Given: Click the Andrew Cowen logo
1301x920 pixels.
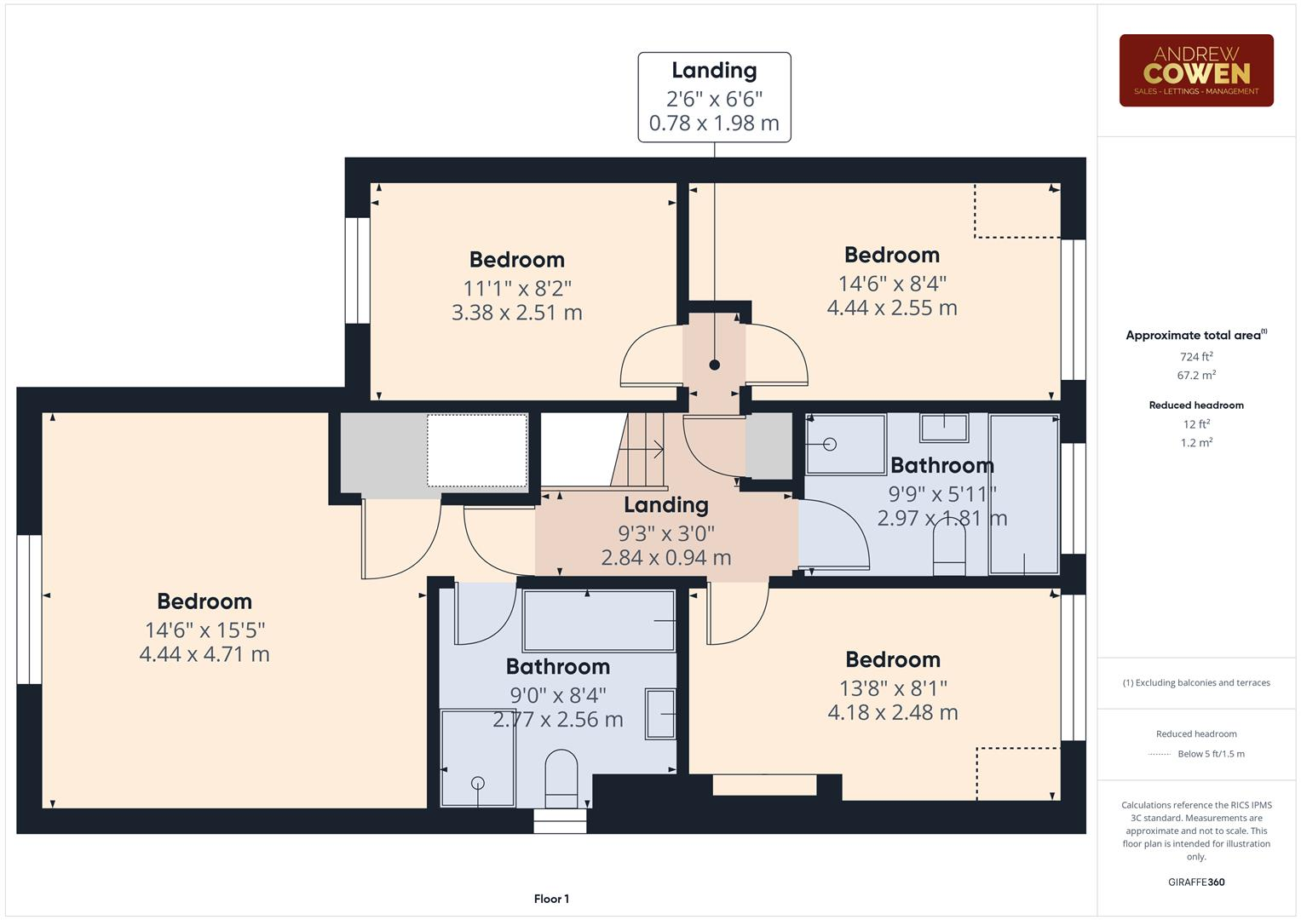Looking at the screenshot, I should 1195,71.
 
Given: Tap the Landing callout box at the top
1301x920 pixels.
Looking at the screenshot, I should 714,97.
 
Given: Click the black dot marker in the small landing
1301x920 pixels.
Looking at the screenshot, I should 715,365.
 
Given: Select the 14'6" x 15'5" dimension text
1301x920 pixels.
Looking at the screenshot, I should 204,630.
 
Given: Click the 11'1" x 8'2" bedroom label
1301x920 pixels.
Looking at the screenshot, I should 516,288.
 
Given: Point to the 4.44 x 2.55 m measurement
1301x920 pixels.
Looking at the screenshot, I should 892,308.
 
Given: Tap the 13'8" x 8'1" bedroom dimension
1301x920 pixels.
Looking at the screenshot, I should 892,687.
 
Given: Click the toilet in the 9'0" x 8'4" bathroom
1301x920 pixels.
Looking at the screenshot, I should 561,776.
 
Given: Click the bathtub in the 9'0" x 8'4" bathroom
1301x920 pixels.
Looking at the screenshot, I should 600,620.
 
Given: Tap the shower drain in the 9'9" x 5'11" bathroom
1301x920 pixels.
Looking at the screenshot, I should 830,445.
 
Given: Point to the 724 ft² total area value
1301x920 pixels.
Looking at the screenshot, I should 1195,357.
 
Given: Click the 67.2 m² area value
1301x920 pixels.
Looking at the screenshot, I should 1195,375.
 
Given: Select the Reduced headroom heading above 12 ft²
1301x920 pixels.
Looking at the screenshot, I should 1195,405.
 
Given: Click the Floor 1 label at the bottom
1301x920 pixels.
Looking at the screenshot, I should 551,899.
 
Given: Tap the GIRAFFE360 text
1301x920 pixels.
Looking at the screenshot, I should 1195,883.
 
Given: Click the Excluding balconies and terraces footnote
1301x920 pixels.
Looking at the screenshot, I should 1195,682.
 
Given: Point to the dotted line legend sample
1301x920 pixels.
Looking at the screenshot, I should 1160,754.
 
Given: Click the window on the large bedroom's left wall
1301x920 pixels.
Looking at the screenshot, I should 29,609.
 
